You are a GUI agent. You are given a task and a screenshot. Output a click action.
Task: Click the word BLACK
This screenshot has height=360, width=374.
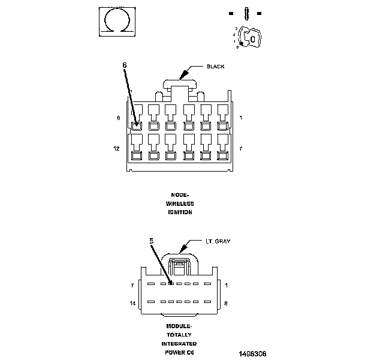215,67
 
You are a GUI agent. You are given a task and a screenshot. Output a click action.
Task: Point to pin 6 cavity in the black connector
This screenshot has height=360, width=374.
137,126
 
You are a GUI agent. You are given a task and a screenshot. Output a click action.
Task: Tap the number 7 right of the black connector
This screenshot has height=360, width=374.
240,147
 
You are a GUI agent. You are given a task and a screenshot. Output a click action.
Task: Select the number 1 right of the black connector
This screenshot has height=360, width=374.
240,118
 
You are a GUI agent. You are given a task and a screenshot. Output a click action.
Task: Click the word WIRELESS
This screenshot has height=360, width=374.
180,203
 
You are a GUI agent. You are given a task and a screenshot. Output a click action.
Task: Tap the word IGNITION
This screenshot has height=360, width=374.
180,212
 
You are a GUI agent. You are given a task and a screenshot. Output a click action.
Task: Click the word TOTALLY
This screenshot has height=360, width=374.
179,335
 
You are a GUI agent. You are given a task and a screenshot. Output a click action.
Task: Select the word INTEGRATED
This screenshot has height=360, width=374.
179,344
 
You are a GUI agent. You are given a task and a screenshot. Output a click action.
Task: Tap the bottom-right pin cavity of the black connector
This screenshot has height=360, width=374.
222,155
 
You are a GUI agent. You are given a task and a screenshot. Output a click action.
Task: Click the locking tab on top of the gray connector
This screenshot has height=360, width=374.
179,264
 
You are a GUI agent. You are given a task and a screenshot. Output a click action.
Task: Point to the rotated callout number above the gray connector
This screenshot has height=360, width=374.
152,240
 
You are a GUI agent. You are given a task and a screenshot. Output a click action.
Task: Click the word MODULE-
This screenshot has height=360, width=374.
179,326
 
